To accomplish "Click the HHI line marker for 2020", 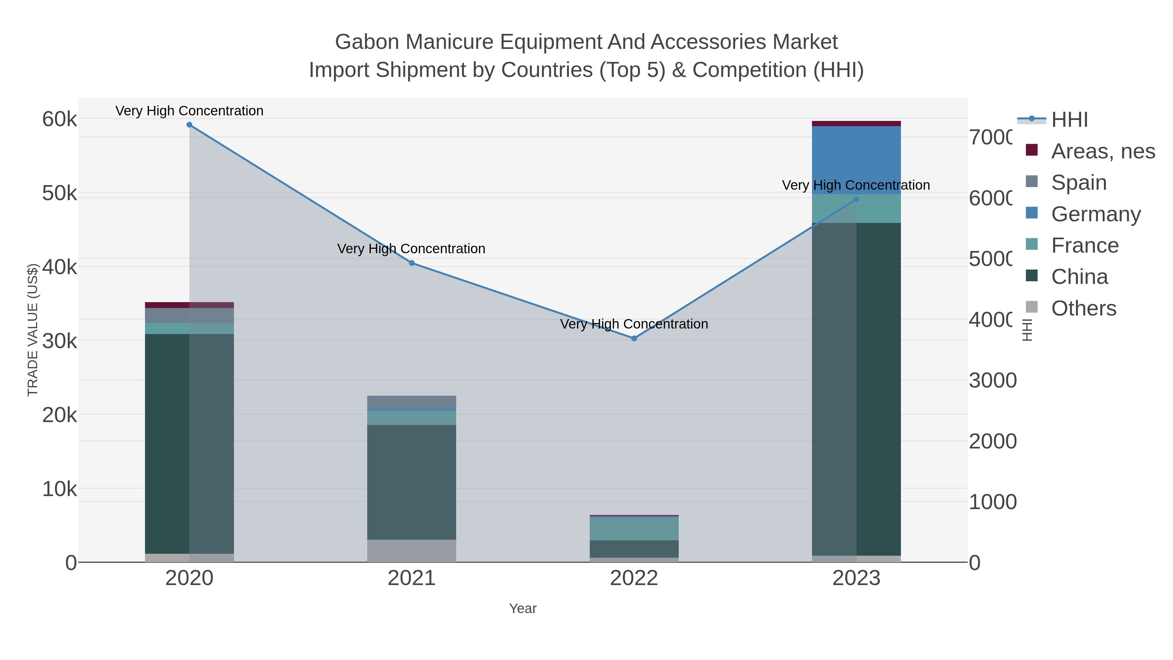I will pyautogui.click(x=189, y=125).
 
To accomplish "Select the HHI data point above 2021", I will pyautogui.click(x=412, y=263).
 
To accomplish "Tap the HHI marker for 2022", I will pyautogui.click(x=634, y=338).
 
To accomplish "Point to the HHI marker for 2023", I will pyautogui.click(x=856, y=199).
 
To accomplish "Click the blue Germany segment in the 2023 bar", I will pyautogui.click(x=856, y=159).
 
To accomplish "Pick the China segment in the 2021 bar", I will pyautogui.click(x=412, y=483).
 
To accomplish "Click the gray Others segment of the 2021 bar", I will pyautogui.click(x=412, y=551).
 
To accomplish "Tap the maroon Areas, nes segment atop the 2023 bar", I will pyautogui.click(x=856, y=124).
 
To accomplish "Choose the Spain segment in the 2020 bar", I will pyautogui.click(x=189, y=315).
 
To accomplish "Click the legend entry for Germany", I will pyautogui.click(x=1095, y=214).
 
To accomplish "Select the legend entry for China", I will pyautogui.click(x=1079, y=277).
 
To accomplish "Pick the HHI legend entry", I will pyautogui.click(x=1069, y=120).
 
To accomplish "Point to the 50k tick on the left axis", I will pyautogui.click(x=60, y=194).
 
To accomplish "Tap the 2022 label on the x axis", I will pyautogui.click(x=634, y=579).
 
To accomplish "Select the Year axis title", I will pyautogui.click(x=523, y=609).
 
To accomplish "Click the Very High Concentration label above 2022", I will pyautogui.click(x=634, y=324).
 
